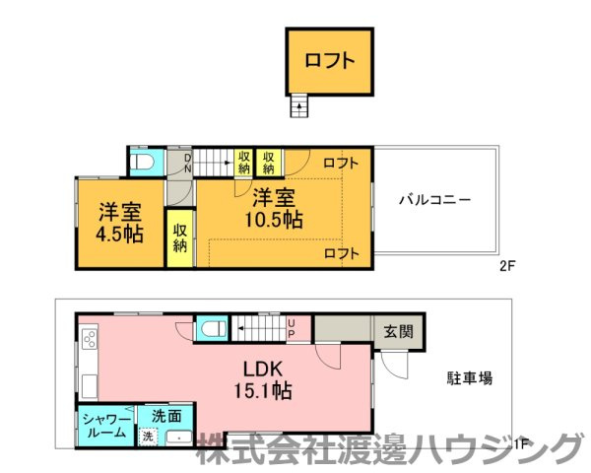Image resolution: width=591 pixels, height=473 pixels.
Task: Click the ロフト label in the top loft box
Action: pyautogui.click(x=330, y=60)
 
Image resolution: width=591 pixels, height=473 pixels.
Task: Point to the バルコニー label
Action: pyautogui.click(x=434, y=199)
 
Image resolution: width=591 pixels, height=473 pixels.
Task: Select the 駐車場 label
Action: pyautogui.click(x=470, y=377)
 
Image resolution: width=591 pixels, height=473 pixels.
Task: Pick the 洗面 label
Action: pyautogui.click(x=166, y=416)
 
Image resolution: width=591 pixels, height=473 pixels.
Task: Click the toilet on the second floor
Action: pyautogui.click(x=144, y=162)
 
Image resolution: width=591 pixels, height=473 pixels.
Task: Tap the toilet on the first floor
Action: pyautogui.click(x=212, y=328)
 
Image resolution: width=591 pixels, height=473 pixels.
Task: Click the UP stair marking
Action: pyautogui.click(x=292, y=327)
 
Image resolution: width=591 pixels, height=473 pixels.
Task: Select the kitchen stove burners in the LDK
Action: pyautogui.click(x=89, y=341)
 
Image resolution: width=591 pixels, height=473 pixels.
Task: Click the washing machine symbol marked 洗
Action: pyautogui.click(x=148, y=437)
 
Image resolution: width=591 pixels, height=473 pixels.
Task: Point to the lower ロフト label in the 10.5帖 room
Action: pyautogui.click(x=341, y=254)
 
